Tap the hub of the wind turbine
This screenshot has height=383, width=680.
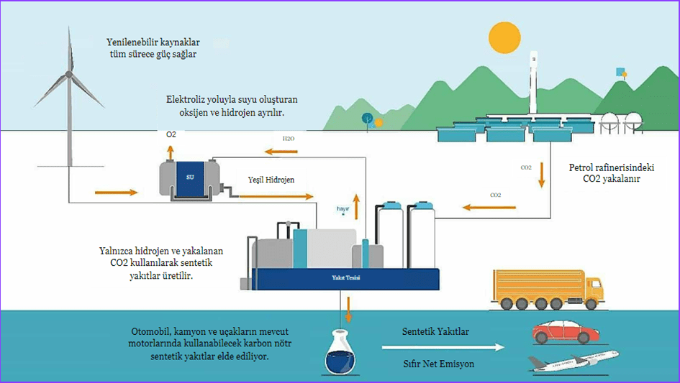coord(69,74)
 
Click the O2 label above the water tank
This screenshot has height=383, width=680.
coord(171,134)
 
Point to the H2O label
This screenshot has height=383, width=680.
coord(288,138)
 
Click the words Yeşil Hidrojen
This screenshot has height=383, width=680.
coord(271,180)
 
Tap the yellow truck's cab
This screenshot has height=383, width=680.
coord(594,289)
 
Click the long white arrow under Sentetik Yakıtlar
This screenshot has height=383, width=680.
coord(440,348)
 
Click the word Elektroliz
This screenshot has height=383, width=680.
coord(186,99)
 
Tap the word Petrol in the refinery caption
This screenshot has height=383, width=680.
coord(584,167)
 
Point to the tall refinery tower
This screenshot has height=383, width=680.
coord(532,83)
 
